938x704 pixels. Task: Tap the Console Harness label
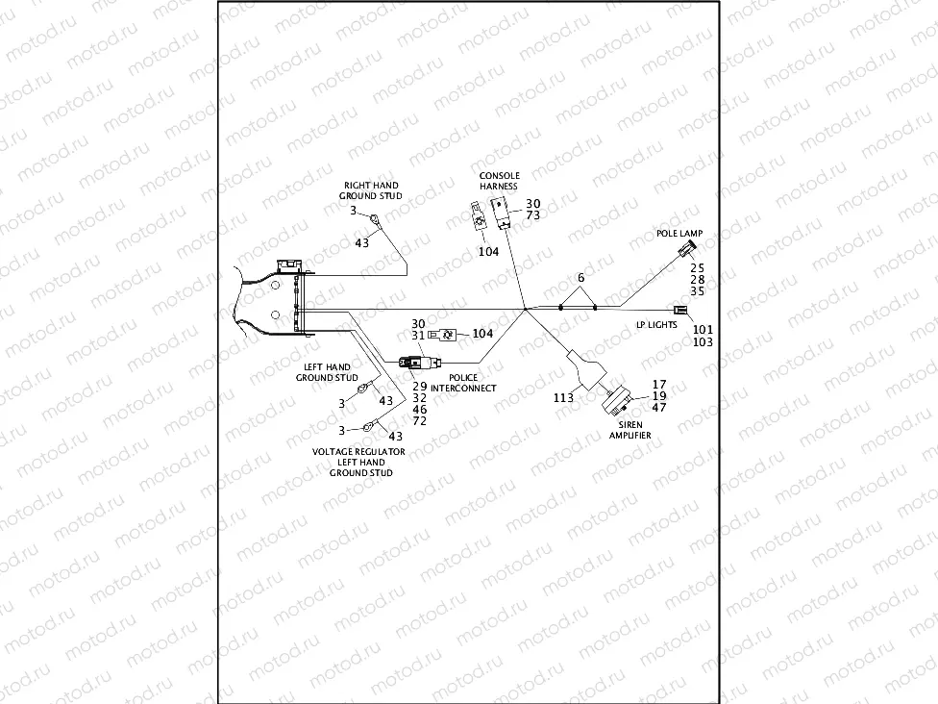[x=499, y=181]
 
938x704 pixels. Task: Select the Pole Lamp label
[x=679, y=234]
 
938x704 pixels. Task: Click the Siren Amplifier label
[x=630, y=430]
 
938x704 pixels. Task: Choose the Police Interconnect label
[x=463, y=383]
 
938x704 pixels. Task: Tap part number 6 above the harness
[x=580, y=278]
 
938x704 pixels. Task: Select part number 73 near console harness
[x=533, y=215]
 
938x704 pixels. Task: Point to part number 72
[x=419, y=422]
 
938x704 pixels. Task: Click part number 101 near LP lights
[x=703, y=329]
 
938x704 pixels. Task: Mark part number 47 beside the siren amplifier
[x=658, y=408]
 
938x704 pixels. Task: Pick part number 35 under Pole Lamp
[x=698, y=290]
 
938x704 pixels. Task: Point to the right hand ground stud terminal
[x=382, y=223]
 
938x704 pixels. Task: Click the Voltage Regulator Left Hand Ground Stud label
[x=360, y=462]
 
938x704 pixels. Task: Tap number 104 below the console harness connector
[x=489, y=251]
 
